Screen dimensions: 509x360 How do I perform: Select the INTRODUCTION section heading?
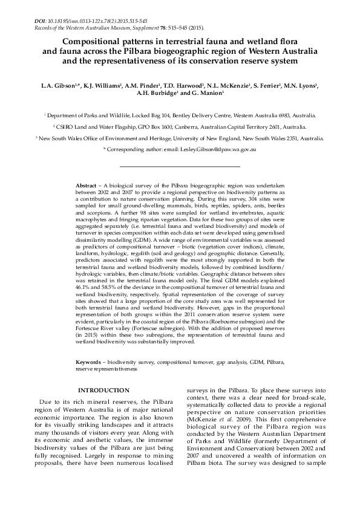coord(103,391)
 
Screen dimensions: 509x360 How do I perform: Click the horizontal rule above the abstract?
coord(180,166)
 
